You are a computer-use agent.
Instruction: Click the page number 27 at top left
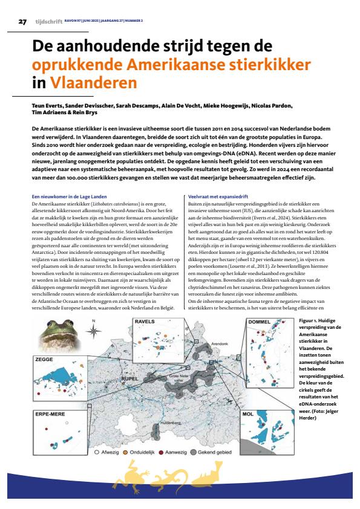pyautogui.click(x=22, y=22)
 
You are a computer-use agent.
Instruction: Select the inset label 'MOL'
pyautogui.click(x=247, y=416)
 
